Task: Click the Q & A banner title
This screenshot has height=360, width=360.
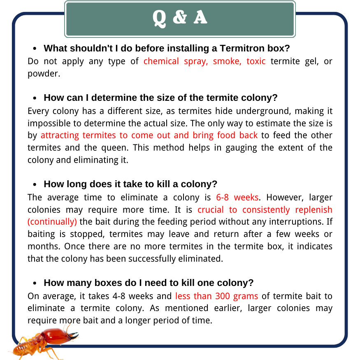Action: coord(180,18)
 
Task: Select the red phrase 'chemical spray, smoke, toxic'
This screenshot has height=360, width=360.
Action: coord(204,62)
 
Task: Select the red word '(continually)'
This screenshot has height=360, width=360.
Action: coord(52,222)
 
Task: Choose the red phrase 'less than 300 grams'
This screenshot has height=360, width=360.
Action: coord(216,296)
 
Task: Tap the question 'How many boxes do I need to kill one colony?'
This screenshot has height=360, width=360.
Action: coord(149,283)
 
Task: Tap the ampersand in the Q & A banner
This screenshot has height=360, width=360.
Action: coord(180,18)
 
